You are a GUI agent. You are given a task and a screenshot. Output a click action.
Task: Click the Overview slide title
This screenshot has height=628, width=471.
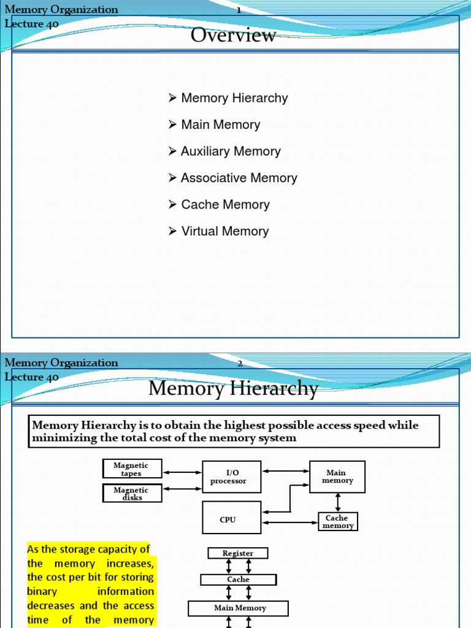[233, 36]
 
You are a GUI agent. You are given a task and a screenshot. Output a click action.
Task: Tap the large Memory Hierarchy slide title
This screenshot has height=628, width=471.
[233, 389]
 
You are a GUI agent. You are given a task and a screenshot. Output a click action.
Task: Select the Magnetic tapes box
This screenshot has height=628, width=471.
[131, 469]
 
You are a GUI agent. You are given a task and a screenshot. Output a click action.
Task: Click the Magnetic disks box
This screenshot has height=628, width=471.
[131, 493]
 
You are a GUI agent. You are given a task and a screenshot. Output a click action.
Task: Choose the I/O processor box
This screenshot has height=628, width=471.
[231, 477]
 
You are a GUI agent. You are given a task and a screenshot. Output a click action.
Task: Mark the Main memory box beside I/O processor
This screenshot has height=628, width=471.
[337, 477]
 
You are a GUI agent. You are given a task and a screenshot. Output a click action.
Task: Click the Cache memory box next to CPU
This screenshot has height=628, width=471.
[337, 522]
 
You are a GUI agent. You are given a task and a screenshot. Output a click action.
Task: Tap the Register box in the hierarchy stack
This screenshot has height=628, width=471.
[238, 553]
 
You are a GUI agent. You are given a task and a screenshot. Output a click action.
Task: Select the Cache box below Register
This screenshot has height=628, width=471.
[238, 580]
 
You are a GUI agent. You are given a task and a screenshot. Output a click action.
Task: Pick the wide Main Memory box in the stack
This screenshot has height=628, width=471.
[238, 608]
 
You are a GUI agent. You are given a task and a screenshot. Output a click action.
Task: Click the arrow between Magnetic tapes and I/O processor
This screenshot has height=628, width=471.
[182, 472]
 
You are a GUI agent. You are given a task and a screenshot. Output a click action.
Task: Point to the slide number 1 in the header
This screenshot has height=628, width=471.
[239, 10]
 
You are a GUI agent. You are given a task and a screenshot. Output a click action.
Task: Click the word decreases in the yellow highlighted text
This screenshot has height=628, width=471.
[51, 605]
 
